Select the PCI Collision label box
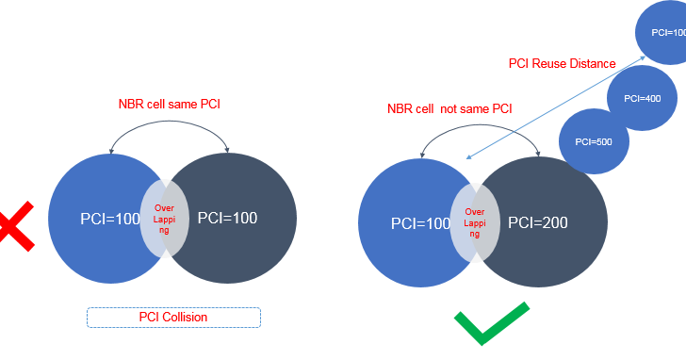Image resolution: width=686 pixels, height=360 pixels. coord(172,318)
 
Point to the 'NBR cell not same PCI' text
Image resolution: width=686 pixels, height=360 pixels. coord(449,108)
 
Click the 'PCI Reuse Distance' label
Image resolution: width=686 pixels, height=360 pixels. coord(562,64)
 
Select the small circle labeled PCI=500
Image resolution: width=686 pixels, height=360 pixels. coord(593,141)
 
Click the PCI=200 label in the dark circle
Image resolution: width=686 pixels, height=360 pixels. coord(537,223)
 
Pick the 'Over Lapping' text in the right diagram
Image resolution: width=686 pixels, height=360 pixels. coord(475,223)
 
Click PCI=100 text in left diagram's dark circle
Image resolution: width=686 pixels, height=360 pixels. coord(227,218)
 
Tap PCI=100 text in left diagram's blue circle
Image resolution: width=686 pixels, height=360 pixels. coord(111,218)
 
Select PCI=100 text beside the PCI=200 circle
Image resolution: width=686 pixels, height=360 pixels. coord(420,223)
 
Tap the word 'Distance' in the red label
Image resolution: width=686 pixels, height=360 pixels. coord(592,64)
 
